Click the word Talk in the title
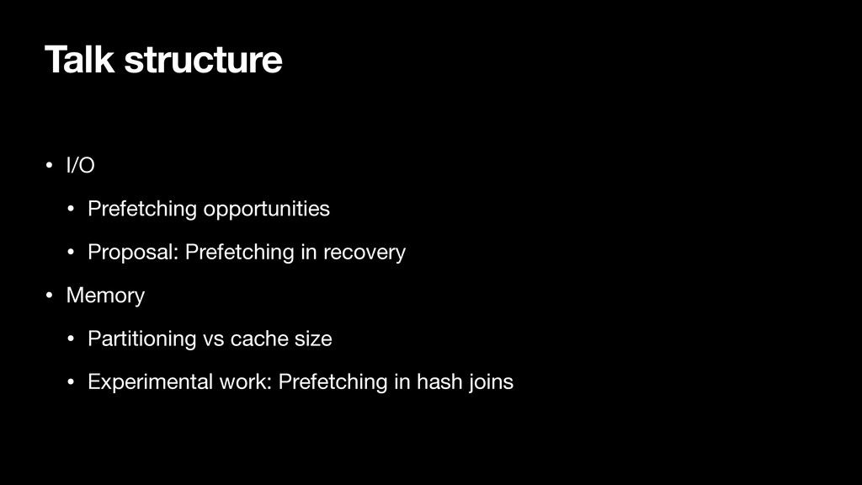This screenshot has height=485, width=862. click(80, 60)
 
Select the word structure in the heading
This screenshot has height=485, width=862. click(204, 61)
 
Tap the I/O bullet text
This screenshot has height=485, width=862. click(80, 165)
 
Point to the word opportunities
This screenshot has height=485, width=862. click(267, 210)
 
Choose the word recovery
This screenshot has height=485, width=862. click(364, 253)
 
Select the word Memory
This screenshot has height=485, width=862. click(105, 296)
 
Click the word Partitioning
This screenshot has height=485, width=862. click(141, 339)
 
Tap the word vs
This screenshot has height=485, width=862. click(213, 339)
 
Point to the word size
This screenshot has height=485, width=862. click(313, 339)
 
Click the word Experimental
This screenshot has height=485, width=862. click(150, 382)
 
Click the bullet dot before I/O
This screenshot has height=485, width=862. click(49, 165)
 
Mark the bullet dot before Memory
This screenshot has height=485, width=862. click(49, 296)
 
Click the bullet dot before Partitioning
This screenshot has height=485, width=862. click(71, 338)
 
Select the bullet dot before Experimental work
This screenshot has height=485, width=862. click(71, 382)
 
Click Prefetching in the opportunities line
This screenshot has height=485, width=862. click(142, 210)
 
